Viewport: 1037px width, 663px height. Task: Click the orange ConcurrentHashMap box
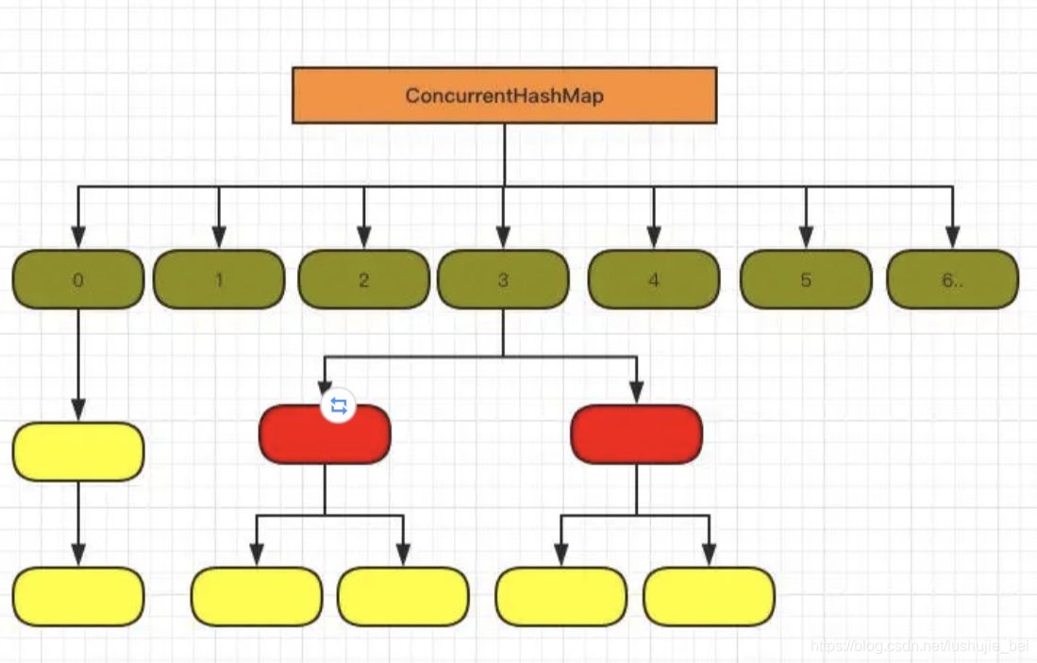coord(504,95)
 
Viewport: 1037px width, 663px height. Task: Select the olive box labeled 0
coord(78,279)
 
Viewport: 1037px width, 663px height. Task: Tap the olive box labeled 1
coord(219,279)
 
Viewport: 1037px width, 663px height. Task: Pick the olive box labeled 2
coord(363,279)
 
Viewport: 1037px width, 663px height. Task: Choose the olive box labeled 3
coord(503,279)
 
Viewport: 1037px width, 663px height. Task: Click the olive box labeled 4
coord(653,279)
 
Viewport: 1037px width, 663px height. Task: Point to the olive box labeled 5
coord(805,279)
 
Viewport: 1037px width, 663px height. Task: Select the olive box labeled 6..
coord(952,279)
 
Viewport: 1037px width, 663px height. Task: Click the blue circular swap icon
coord(339,406)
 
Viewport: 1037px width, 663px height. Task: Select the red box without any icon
coord(636,435)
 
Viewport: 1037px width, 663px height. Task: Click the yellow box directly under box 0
coord(78,452)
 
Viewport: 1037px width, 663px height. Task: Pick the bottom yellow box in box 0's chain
coord(78,596)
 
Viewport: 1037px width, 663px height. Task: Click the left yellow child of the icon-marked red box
coord(257,596)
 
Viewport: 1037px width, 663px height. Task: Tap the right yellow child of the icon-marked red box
coord(403,596)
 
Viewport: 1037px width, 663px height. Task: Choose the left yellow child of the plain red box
coord(561,596)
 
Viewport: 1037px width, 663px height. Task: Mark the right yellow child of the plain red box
coord(709,596)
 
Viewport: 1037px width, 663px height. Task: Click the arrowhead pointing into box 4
coord(653,238)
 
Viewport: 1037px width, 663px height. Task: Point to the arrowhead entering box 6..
coord(952,238)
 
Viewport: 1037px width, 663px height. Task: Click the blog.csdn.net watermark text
coord(919,646)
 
